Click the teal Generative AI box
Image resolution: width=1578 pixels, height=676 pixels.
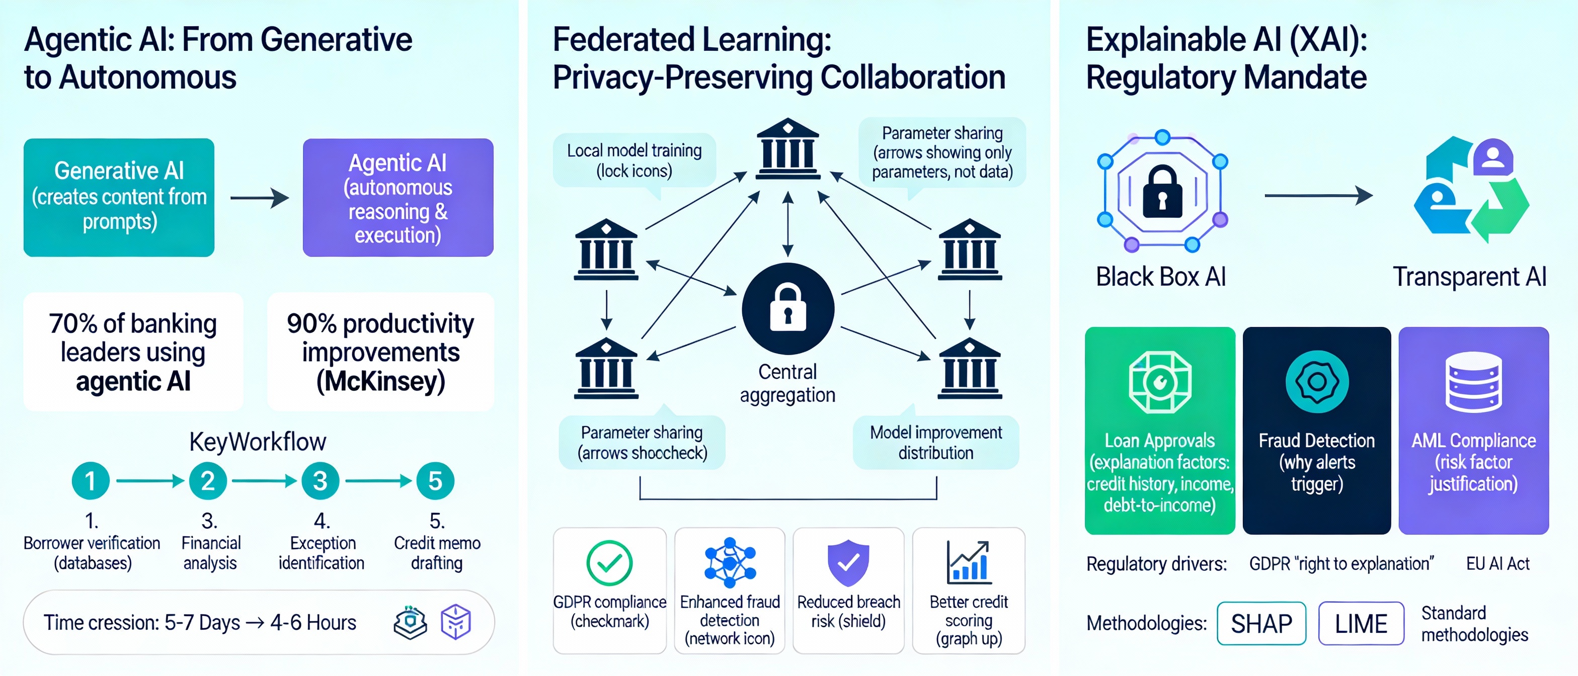coord(119,197)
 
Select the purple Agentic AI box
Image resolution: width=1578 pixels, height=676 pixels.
coord(398,197)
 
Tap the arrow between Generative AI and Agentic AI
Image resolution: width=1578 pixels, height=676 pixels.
coord(259,197)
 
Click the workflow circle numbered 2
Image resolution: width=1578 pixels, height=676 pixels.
coord(208,481)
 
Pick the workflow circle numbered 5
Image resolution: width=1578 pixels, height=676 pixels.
coord(435,481)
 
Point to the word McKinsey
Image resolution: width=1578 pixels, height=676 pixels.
coord(380,381)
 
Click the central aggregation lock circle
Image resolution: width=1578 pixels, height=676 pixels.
coord(788,309)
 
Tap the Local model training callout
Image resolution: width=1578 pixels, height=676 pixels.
coord(634,160)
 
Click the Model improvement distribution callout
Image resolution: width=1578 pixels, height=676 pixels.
coord(935,442)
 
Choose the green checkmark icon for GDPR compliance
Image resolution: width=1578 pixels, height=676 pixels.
coord(609,563)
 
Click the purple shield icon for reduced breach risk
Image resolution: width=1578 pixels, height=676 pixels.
coord(848,562)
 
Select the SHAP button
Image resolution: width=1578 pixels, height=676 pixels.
coord(1261,623)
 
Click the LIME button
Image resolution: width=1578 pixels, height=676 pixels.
coord(1361,623)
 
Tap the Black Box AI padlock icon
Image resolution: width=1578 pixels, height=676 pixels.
coord(1162,191)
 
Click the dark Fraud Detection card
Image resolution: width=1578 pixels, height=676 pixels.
coord(1316,430)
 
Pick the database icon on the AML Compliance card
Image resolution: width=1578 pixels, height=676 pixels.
coord(1473,382)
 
